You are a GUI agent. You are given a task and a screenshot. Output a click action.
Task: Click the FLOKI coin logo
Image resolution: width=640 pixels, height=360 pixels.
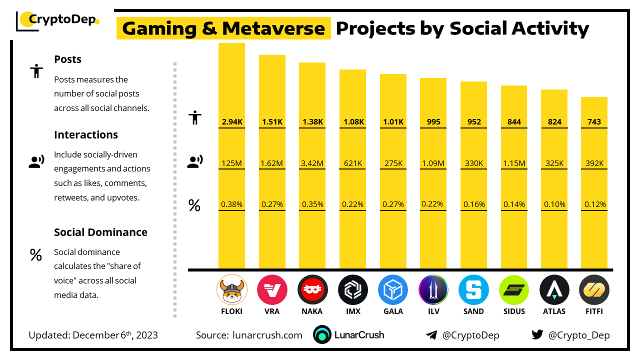click(231, 290)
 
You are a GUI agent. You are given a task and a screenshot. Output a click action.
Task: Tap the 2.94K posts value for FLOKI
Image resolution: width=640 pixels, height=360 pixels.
click(231, 121)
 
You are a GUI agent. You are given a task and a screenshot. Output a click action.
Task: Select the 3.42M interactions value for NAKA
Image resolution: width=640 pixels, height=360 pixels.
click(312, 163)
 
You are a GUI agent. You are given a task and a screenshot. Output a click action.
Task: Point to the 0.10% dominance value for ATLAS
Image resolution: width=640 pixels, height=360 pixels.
click(554, 204)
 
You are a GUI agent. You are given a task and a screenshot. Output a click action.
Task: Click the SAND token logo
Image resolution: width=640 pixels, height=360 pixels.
click(473, 290)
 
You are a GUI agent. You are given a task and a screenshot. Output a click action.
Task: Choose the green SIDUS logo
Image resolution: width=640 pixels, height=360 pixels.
click(514, 290)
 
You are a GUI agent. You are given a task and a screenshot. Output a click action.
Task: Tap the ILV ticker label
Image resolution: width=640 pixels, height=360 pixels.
click(433, 311)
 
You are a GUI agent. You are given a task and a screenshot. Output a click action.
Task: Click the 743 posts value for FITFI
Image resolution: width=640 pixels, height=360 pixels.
click(594, 121)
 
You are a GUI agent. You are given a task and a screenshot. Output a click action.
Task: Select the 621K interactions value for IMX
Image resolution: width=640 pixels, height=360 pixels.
click(352, 163)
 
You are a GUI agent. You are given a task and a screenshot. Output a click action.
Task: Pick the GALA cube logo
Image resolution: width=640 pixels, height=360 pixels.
click(393, 290)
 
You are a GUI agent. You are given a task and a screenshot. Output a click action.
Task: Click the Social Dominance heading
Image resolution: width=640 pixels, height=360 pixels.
click(100, 232)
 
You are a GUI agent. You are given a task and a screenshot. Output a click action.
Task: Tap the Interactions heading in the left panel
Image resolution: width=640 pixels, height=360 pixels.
click(86, 135)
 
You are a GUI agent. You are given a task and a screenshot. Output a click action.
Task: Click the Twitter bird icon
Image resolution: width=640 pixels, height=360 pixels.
click(537, 335)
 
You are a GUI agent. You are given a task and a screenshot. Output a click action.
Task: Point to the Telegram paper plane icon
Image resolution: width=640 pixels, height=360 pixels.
click(431, 335)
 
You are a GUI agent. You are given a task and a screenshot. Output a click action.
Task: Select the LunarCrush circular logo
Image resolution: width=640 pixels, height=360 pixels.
click(322, 335)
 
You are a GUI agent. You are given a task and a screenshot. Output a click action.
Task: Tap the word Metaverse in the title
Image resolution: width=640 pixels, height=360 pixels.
click(284, 28)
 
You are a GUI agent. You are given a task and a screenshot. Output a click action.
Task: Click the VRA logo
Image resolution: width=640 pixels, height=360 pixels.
click(272, 290)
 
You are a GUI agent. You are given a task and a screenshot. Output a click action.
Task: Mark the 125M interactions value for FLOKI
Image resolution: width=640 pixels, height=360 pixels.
click(231, 163)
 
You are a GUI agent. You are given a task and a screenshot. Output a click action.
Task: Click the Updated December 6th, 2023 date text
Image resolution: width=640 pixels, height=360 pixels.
click(93, 335)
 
